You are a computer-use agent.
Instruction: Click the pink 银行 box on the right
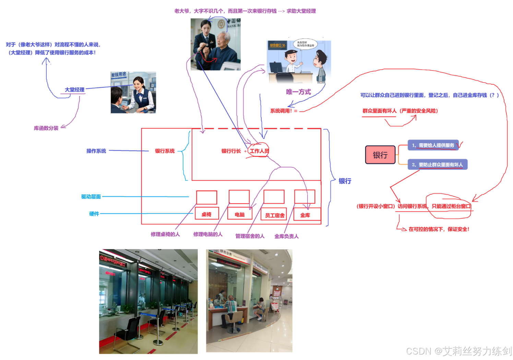(x=380, y=155)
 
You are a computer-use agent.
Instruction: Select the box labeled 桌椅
(x=206, y=214)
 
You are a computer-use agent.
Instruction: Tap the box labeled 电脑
(x=240, y=214)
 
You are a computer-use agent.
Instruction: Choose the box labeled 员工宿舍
(x=274, y=215)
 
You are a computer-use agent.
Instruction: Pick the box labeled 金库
(x=305, y=215)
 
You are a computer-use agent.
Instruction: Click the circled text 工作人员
(x=259, y=151)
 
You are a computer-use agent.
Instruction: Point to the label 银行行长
(x=231, y=151)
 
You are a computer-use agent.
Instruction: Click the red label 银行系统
(x=165, y=151)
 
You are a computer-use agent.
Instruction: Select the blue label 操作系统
(x=96, y=151)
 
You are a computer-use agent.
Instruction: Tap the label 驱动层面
(x=91, y=196)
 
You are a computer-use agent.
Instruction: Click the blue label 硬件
(x=94, y=214)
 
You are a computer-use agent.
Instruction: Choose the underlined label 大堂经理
(x=74, y=89)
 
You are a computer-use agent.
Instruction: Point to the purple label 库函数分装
(x=46, y=128)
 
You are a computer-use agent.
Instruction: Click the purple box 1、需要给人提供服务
(x=433, y=145)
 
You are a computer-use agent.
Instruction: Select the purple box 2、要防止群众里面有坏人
(x=437, y=165)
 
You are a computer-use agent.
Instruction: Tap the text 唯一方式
(x=298, y=92)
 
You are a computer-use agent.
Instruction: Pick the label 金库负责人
(x=286, y=236)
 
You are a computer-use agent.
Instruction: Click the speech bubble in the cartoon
(x=305, y=44)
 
